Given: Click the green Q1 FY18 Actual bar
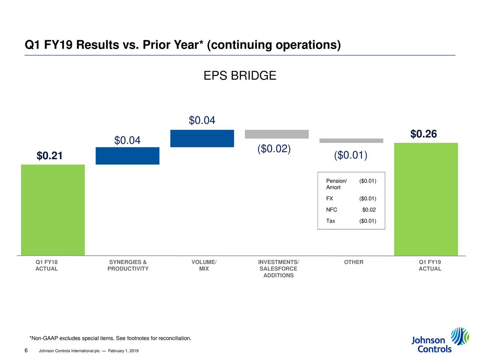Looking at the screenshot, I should point(53,210).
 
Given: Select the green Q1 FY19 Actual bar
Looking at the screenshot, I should point(426,199).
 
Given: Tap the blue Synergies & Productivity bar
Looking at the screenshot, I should point(127,156).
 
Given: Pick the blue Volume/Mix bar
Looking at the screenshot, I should point(202,138).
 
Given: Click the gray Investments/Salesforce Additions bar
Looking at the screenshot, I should point(277,134).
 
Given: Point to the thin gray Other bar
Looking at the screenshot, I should point(351,141).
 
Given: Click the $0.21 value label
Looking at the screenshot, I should point(49,156).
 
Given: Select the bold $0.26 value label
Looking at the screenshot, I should point(423,134).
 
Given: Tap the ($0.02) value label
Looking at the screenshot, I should point(274,149).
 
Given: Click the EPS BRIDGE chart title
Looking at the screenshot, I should point(240,76).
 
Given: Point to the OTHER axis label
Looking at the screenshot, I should point(354,262).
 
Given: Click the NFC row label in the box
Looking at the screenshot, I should point(331,210).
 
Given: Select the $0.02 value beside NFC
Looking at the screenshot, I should point(369,210).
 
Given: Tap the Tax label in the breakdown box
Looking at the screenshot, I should point(330,221).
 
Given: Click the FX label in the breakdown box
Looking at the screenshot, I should point(329,198).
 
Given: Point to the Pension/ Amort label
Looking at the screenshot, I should point(336,184).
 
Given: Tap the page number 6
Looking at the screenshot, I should point(26,350).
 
